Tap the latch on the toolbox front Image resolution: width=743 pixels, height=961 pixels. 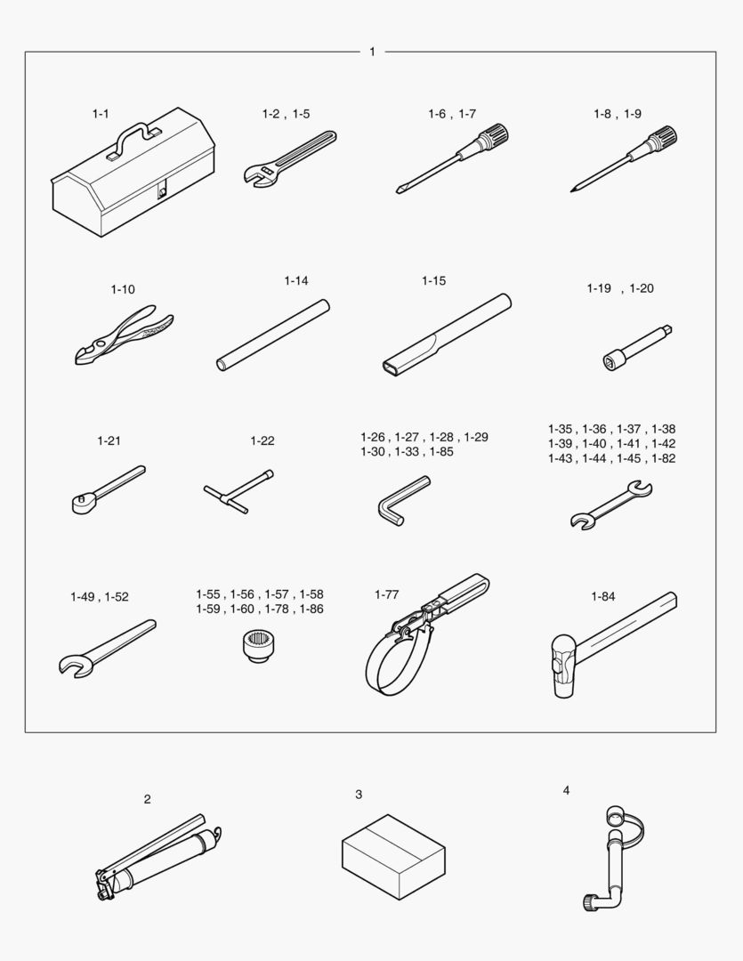162,191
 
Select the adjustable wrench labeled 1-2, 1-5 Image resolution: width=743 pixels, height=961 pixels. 289,157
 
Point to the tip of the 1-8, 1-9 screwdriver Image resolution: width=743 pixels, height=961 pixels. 572,190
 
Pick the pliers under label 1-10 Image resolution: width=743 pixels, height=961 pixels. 123,335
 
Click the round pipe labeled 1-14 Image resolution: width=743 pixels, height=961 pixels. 273,335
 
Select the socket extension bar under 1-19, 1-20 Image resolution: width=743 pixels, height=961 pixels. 637,348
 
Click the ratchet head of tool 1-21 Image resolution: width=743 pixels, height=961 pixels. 81,505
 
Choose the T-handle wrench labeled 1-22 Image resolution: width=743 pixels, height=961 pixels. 238,491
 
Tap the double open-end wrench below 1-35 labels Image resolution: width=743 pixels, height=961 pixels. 611,505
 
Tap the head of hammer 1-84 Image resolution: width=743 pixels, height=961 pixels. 564,666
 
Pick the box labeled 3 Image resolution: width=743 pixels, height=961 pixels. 393,857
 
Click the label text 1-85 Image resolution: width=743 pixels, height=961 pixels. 441,452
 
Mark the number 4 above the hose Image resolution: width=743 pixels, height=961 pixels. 566,791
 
